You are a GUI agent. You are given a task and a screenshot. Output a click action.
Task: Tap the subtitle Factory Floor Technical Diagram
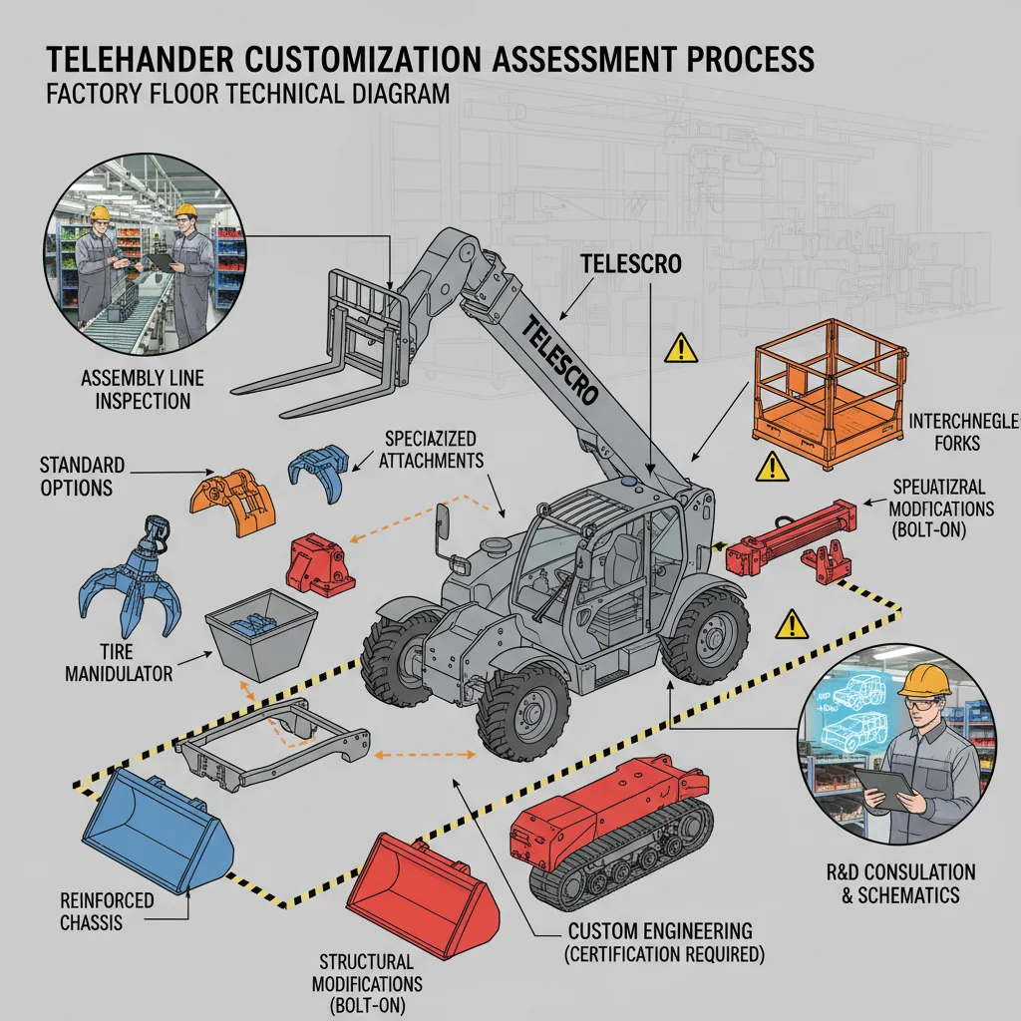248,96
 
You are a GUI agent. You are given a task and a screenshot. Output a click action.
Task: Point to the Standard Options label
83,476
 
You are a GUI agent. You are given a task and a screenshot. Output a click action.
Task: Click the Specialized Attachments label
430,450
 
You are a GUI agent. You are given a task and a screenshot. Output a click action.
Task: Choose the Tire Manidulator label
119,663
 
